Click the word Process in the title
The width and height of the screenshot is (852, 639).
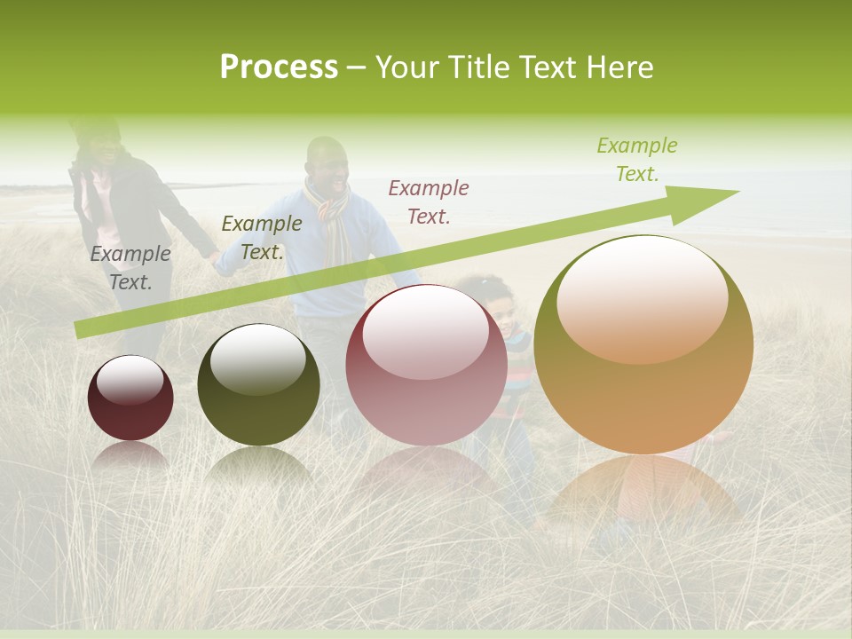click(279, 67)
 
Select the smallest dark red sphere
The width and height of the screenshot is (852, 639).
click(130, 398)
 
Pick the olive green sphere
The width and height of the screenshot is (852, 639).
click(258, 385)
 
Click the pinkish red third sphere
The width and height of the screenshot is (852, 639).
click(426, 365)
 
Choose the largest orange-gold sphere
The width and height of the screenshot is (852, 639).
click(643, 344)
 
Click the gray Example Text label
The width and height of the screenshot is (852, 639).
click(130, 268)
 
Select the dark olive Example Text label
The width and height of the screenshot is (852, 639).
click(261, 238)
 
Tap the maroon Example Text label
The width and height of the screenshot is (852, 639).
click(429, 201)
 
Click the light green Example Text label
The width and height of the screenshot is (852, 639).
click(637, 160)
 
